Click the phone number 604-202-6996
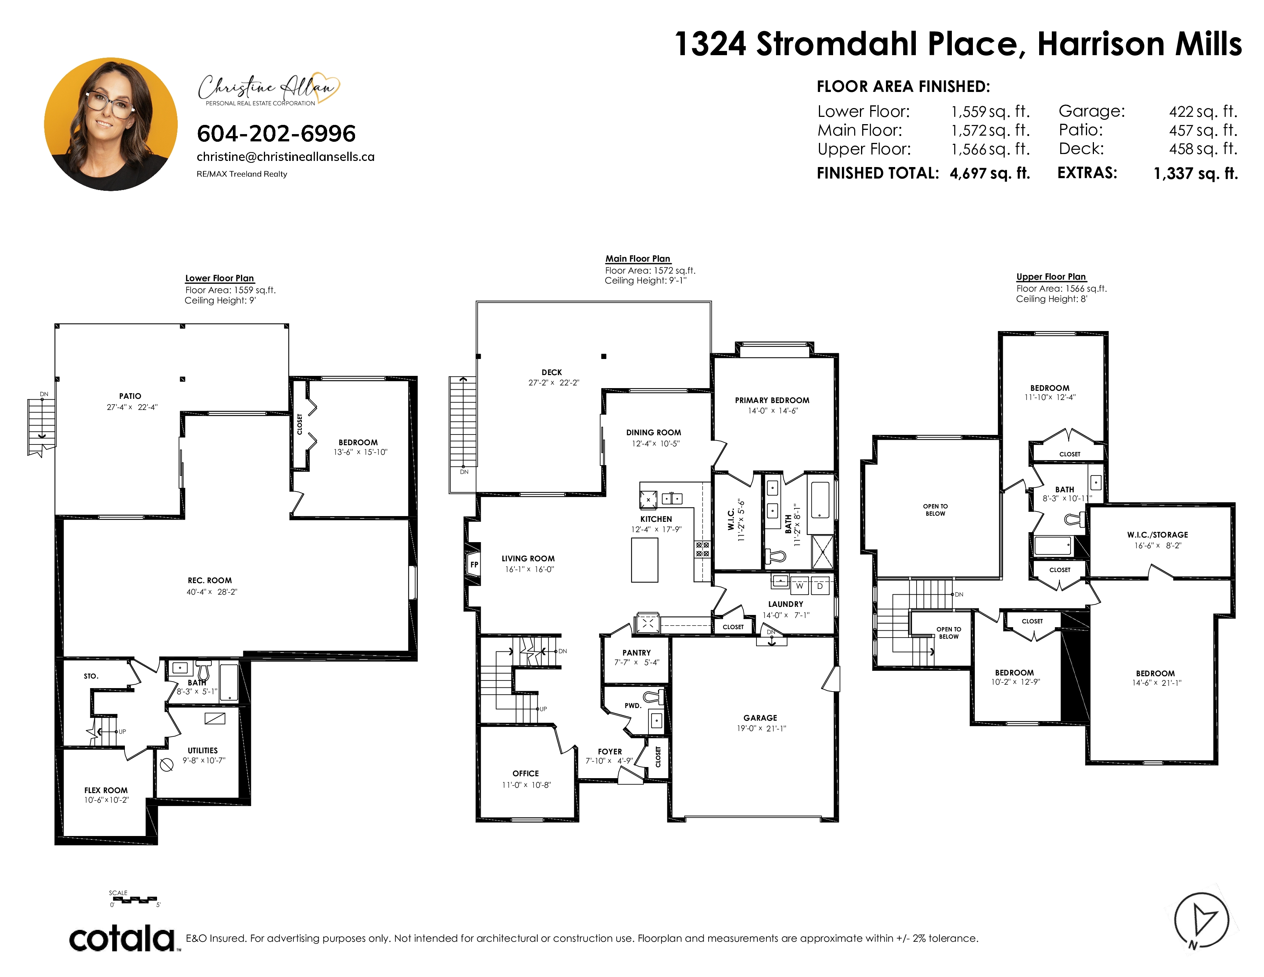[x=276, y=134]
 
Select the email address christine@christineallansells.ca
[x=285, y=157]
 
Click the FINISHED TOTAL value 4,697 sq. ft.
[x=990, y=173]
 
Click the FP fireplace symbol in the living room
[x=474, y=564]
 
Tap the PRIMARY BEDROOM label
[x=772, y=400]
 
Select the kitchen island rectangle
[x=645, y=560]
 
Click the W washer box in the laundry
[x=799, y=586]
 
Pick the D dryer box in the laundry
[x=820, y=586]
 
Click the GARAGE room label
[x=760, y=718]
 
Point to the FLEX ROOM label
[x=106, y=790]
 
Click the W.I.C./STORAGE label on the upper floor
[x=1158, y=535]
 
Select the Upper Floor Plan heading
[x=1051, y=277]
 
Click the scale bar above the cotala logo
[x=135, y=900]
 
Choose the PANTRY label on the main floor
[x=637, y=653]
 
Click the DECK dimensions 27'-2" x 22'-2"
[x=554, y=383]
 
